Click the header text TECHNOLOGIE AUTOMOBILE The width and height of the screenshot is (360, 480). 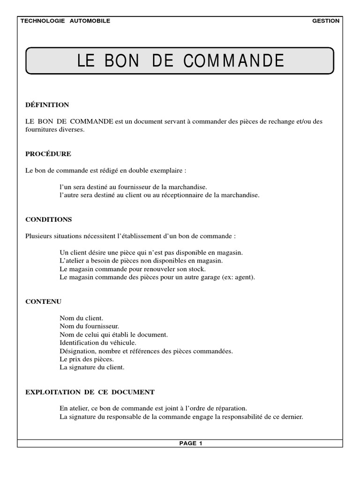(x=65, y=21)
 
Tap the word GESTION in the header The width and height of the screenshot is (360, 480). (x=325, y=21)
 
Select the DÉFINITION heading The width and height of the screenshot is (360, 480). (x=47, y=105)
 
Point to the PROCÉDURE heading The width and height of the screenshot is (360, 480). (x=48, y=154)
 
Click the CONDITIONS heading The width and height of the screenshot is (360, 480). (x=48, y=219)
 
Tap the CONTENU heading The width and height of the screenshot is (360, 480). (x=43, y=301)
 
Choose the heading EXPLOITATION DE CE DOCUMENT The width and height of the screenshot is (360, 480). (x=90, y=392)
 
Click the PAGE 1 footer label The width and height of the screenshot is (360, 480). (x=190, y=443)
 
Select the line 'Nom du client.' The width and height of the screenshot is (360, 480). (x=82, y=318)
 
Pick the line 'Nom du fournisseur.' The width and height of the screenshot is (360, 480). (x=89, y=326)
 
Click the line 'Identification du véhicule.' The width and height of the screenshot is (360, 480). (x=98, y=343)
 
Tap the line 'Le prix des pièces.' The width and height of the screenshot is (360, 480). (x=87, y=359)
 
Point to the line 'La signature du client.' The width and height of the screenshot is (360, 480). (x=92, y=367)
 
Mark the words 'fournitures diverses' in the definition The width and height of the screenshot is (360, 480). (x=54, y=129)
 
